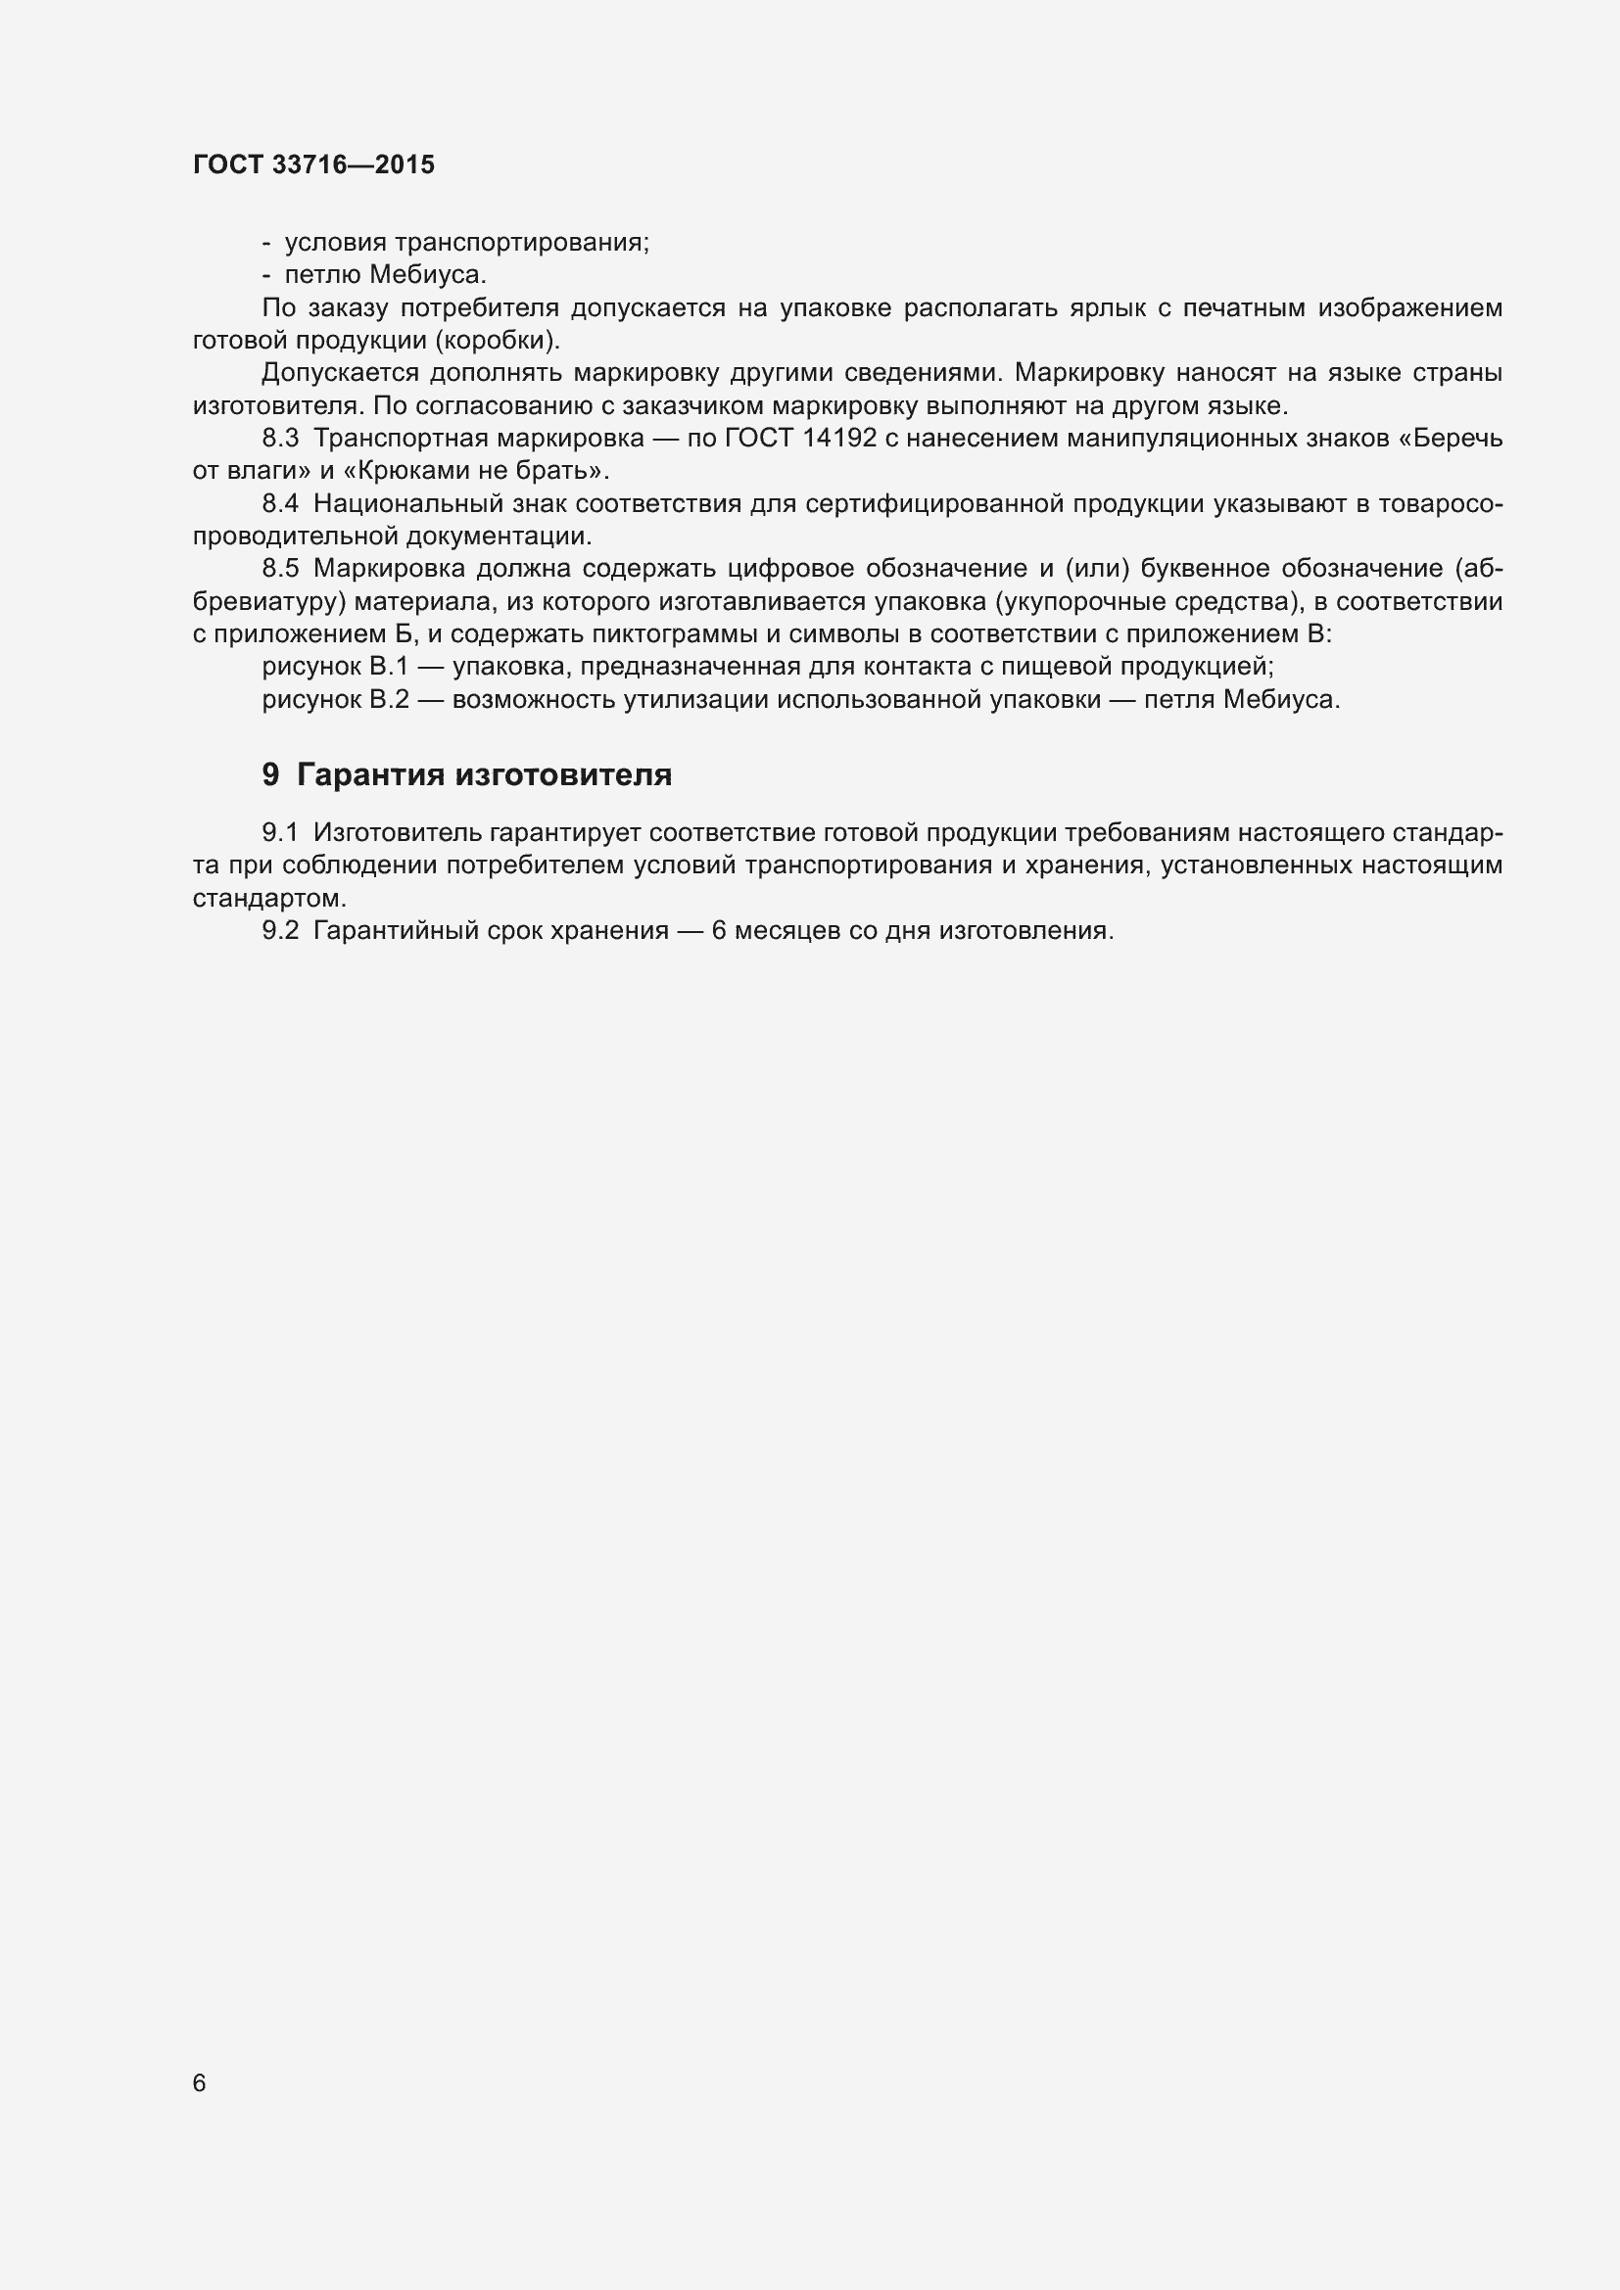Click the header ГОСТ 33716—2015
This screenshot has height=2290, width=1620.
(313, 164)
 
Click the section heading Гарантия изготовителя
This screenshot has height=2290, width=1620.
(484, 775)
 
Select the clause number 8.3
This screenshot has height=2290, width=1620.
(280, 438)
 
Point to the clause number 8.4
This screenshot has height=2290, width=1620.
(280, 503)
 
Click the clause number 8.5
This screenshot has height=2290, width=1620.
(280, 569)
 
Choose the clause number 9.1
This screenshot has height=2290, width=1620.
(280, 833)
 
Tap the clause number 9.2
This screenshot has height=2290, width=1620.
(280, 930)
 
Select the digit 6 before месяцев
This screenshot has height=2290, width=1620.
(719, 930)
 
